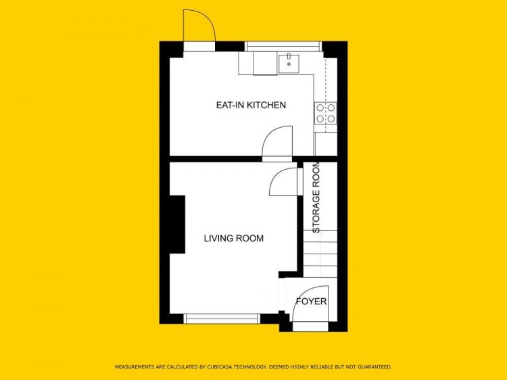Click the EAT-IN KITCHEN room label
coord(251,105)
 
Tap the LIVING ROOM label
coord(234,239)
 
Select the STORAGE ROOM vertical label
coord(316,197)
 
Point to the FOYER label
coord(312,302)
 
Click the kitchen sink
coord(289,64)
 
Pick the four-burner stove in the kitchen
coord(325,113)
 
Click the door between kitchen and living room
coord(277,143)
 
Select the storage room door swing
coord(283,182)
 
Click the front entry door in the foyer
coord(310,304)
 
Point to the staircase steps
coord(320,254)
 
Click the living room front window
coord(222,318)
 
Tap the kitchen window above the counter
coord(283,46)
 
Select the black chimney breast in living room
coord(178,224)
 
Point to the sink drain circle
coord(289,64)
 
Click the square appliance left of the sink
coord(265,63)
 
